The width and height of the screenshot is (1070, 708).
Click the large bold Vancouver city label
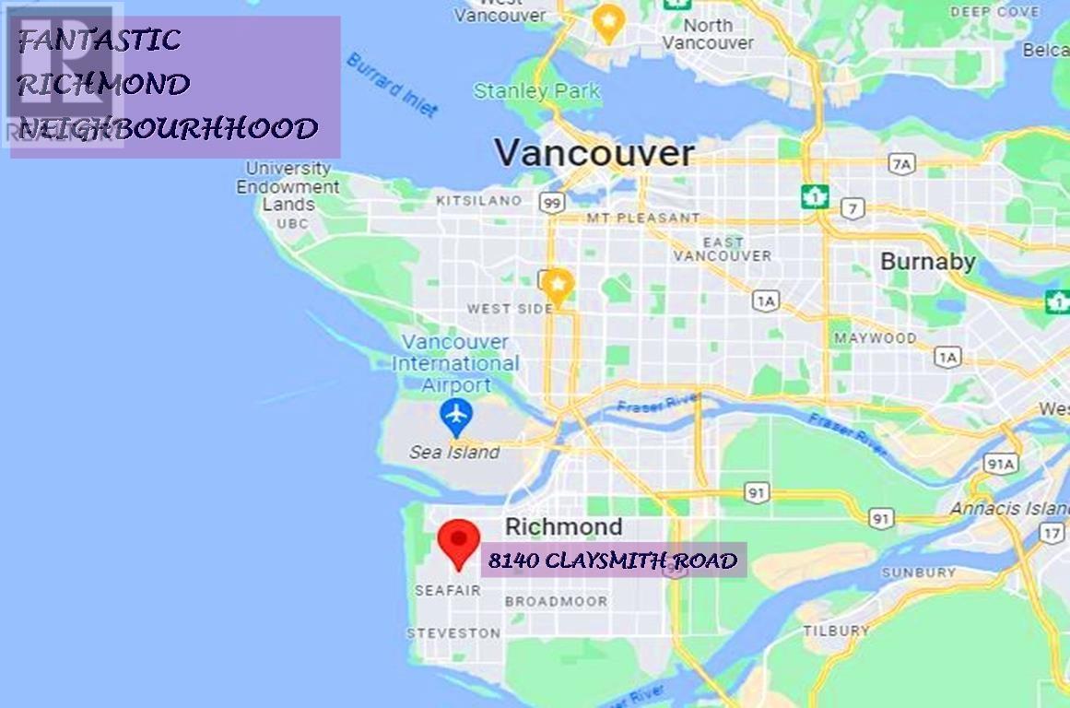594,153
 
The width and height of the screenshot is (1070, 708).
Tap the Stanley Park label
536,91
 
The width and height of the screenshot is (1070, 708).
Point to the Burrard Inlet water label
392,85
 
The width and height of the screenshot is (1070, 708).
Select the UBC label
292,223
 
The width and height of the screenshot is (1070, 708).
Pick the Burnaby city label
927,262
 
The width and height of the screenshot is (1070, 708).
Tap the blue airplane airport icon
456,418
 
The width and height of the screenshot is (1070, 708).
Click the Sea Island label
454,453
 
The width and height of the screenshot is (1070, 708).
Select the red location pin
458,542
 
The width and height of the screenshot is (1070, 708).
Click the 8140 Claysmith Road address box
613,560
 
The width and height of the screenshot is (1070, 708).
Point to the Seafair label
447,590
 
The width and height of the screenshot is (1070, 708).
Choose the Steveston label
454,633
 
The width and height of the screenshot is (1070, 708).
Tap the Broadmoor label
556,601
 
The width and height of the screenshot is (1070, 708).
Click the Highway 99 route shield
552,203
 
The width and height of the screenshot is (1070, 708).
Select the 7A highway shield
901,164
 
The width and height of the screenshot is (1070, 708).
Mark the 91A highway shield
1000,464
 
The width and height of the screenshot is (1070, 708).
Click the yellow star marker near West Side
557,287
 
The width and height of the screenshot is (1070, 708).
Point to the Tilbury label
835,631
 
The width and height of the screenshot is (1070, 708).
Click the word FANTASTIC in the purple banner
100,40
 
